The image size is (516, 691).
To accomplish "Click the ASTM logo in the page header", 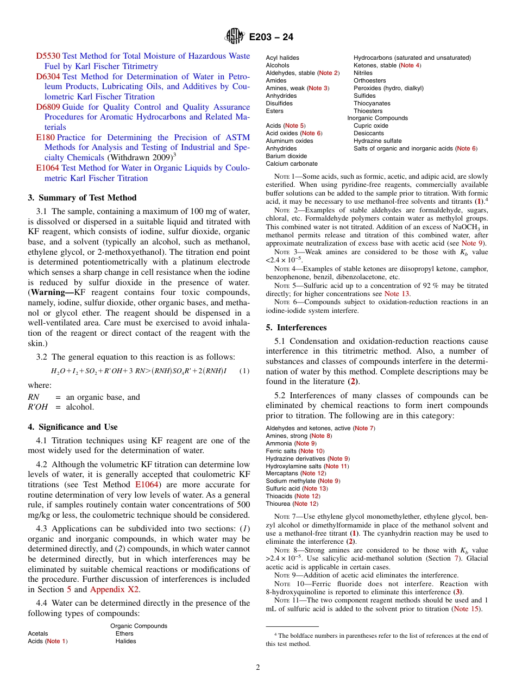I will tap(235, 36).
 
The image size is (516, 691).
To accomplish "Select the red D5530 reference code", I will tap(48, 56).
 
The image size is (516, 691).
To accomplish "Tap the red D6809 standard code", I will tap(48, 107).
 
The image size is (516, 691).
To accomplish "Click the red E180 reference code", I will tap(45, 137).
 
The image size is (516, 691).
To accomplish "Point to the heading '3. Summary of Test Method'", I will tap(82, 198).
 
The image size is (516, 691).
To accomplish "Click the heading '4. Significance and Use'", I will tap(72, 427).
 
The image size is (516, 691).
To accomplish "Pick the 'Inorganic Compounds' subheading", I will tap(377, 118).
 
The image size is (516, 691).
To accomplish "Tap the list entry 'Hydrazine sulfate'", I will tap(377, 141).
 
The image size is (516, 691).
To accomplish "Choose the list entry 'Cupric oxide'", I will tap(371, 125).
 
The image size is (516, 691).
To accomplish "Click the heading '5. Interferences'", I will tap(296, 328).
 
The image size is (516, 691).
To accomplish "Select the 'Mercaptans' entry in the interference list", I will tap(282, 473).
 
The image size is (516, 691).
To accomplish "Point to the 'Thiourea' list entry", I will tap(278, 504).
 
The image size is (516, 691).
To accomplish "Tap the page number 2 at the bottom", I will tap(258, 668).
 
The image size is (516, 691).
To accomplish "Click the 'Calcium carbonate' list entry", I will tap(292, 164).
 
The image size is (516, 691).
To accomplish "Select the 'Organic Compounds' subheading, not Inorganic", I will tap(139, 626).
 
